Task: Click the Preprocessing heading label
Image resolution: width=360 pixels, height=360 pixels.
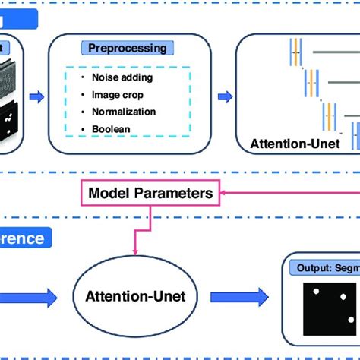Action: (x=126, y=47)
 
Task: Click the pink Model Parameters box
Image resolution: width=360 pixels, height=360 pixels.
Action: (x=150, y=194)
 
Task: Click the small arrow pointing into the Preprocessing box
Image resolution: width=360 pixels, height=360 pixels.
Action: (x=35, y=96)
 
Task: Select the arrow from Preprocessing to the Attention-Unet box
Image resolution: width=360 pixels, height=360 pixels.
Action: (x=226, y=96)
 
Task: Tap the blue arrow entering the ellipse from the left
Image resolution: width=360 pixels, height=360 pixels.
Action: (x=30, y=298)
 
